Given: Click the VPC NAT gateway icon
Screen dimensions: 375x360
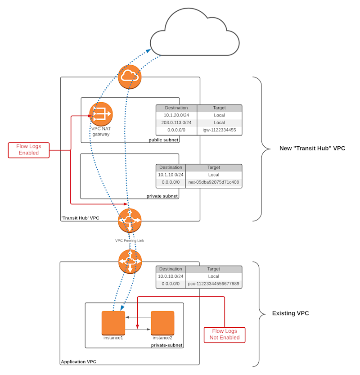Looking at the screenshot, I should [x=101, y=114].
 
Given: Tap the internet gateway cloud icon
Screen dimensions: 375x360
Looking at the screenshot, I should [x=130, y=77].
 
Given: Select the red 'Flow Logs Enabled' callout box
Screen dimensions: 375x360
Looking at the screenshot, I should [x=29, y=150].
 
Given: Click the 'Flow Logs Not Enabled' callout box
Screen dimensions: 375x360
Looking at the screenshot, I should [x=224, y=334].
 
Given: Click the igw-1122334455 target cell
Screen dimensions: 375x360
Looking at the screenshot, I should [x=219, y=131].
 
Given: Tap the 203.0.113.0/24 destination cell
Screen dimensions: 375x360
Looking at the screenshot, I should [x=176, y=123].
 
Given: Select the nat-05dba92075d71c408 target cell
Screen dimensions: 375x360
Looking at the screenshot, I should [x=214, y=182].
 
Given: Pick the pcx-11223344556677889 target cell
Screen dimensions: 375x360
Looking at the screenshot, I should [x=214, y=284].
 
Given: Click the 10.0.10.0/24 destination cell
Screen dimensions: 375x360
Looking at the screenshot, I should [x=171, y=276].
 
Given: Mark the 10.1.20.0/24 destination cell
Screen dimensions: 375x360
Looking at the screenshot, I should [x=176, y=115].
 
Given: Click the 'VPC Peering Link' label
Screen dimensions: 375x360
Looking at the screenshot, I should [x=130, y=240].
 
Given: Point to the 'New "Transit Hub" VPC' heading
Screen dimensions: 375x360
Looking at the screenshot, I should [x=312, y=148].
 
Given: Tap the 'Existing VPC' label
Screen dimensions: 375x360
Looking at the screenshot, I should [x=291, y=313].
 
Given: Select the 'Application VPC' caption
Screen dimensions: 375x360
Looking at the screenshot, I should [x=78, y=361].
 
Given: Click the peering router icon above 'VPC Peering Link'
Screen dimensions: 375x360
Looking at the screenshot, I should [x=130, y=221].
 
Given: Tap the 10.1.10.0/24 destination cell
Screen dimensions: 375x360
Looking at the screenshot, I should [x=171, y=175].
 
